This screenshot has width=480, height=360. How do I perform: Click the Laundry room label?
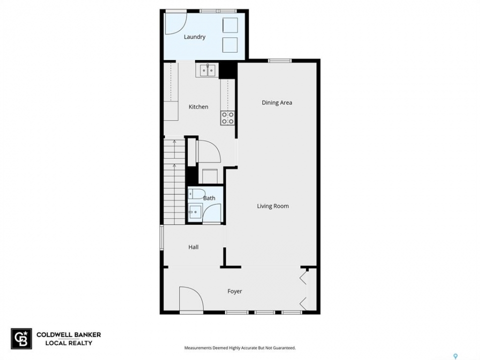tap(194, 37)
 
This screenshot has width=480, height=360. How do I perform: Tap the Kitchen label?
tap(198, 107)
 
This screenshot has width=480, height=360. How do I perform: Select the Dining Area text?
tap(276, 103)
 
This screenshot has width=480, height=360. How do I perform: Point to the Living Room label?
tap(273, 206)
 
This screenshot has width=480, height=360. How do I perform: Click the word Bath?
tap(209, 198)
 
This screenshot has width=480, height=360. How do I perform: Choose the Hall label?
tap(193, 247)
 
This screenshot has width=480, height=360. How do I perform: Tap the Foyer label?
tap(235, 291)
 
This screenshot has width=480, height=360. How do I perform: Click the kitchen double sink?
tap(207, 70)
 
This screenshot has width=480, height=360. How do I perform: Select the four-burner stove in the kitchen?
tap(227, 118)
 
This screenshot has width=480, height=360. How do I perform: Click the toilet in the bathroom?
tap(196, 194)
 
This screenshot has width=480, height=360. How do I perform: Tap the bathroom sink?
tap(194, 211)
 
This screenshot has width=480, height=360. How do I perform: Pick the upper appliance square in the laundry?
tap(230, 25)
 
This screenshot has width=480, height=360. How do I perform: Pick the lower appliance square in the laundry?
tap(230, 44)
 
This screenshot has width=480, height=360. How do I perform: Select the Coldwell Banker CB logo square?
tap(21, 338)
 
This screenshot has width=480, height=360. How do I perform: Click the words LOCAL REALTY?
tap(69, 343)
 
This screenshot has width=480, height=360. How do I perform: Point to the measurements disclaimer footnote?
tap(240, 348)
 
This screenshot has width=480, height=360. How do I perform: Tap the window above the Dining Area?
tap(280, 60)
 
